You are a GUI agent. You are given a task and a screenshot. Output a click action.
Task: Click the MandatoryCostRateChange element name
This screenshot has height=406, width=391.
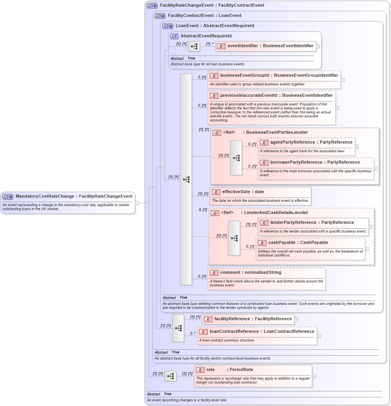(x=45, y=196)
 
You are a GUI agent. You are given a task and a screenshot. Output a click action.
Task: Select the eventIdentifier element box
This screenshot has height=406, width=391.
(x=265, y=46)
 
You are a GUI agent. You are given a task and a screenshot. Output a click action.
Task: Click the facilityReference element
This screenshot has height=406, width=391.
(x=248, y=319)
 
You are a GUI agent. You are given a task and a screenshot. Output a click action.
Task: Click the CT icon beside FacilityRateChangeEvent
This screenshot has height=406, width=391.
(x=152, y=6)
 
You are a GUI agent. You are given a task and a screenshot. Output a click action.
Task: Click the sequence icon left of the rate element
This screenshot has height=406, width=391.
(x=170, y=376)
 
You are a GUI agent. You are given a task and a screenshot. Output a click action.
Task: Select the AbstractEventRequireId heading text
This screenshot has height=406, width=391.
(x=206, y=36)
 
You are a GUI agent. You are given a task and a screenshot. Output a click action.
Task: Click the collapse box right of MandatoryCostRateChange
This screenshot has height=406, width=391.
(x=137, y=203)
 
